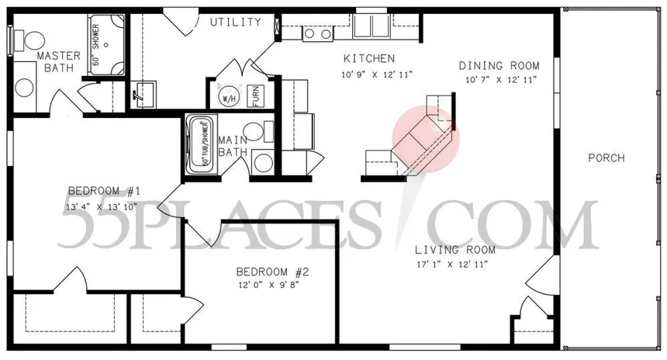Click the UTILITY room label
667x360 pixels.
tap(236, 22)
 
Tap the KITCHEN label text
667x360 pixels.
tap(369, 59)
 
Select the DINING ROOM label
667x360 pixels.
tap(499, 66)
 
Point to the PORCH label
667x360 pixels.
tap(607, 158)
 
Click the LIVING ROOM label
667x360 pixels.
tap(454, 250)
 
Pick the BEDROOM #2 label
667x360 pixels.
tap(273, 272)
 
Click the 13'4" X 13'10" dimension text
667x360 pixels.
tap(103, 206)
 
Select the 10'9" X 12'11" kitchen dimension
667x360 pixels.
tap(377, 74)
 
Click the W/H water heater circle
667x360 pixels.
tap(229, 99)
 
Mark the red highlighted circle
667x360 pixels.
tap(426, 140)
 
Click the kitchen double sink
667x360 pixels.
tap(316, 33)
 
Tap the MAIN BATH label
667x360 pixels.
tap(233, 146)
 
